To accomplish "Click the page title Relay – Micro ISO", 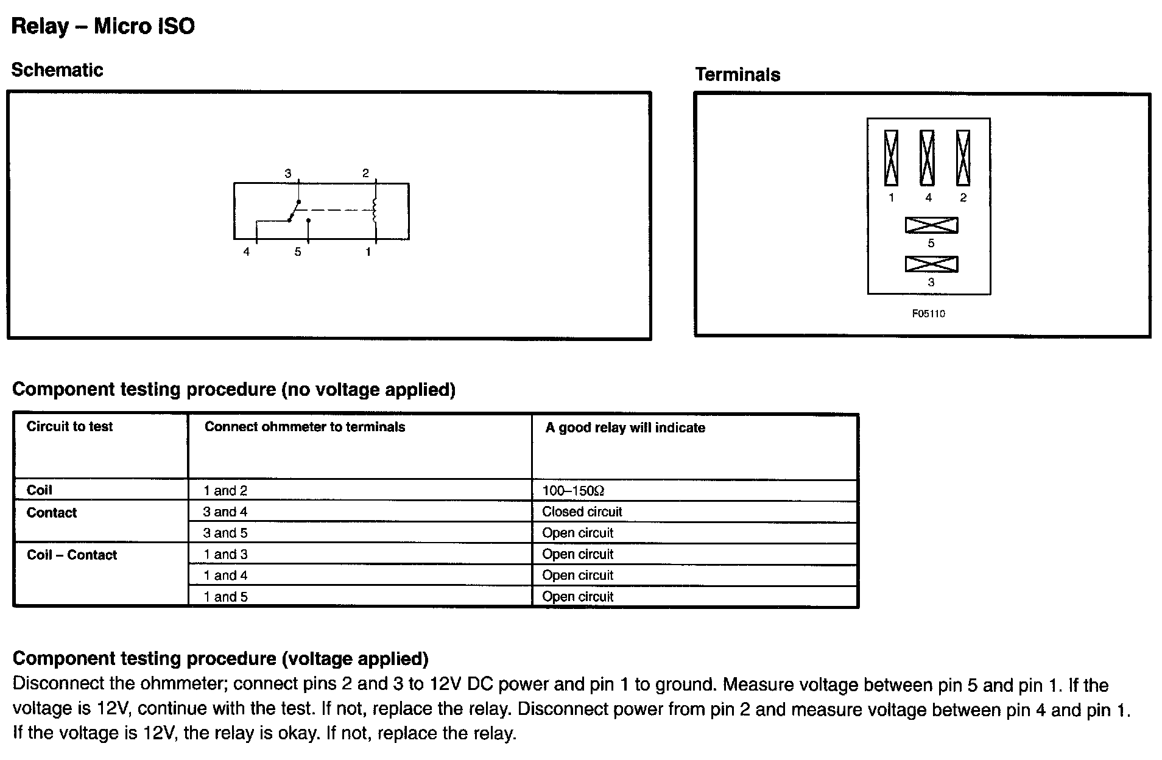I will click(x=103, y=26).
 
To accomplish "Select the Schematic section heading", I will click(x=57, y=70).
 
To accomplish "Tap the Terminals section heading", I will click(x=738, y=75).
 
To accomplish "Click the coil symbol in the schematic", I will click(x=375, y=209).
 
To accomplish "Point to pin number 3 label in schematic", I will click(x=288, y=174).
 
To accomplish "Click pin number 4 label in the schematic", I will click(x=246, y=252).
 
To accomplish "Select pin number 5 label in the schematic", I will click(x=298, y=252).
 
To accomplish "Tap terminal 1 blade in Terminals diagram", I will click(x=891, y=158).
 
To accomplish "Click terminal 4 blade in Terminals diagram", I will click(x=927, y=158).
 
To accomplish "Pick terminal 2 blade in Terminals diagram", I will click(x=963, y=158).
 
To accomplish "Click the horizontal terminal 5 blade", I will click(x=931, y=225).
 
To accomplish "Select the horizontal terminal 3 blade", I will click(x=931, y=264).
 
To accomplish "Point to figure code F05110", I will click(x=928, y=314).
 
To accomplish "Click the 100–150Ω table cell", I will click(x=573, y=491).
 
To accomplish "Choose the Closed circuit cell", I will click(x=582, y=512).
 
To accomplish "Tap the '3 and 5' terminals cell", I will click(x=225, y=533).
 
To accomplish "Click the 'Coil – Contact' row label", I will click(x=72, y=555).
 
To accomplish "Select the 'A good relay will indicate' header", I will click(x=625, y=427).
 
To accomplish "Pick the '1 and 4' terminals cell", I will click(x=225, y=575).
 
